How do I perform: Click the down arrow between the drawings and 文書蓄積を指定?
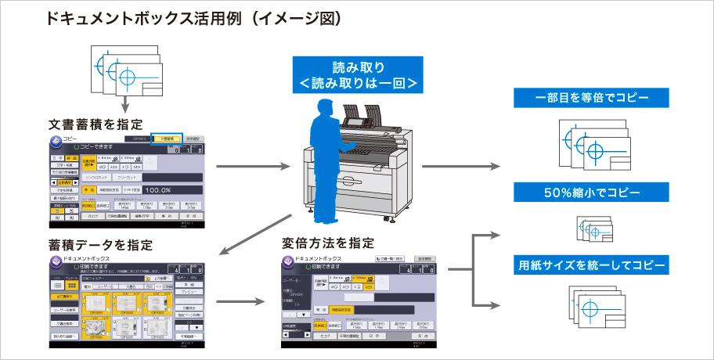(124, 103)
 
